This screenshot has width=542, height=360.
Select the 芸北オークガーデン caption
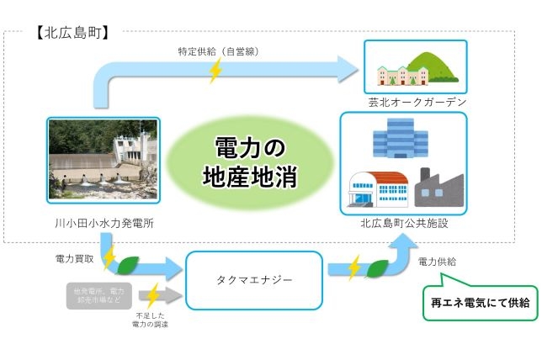(406, 102)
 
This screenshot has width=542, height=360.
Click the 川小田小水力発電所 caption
(102, 224)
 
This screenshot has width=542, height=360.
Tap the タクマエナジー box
(254, 280)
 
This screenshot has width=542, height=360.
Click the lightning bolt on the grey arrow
(151, 296)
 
